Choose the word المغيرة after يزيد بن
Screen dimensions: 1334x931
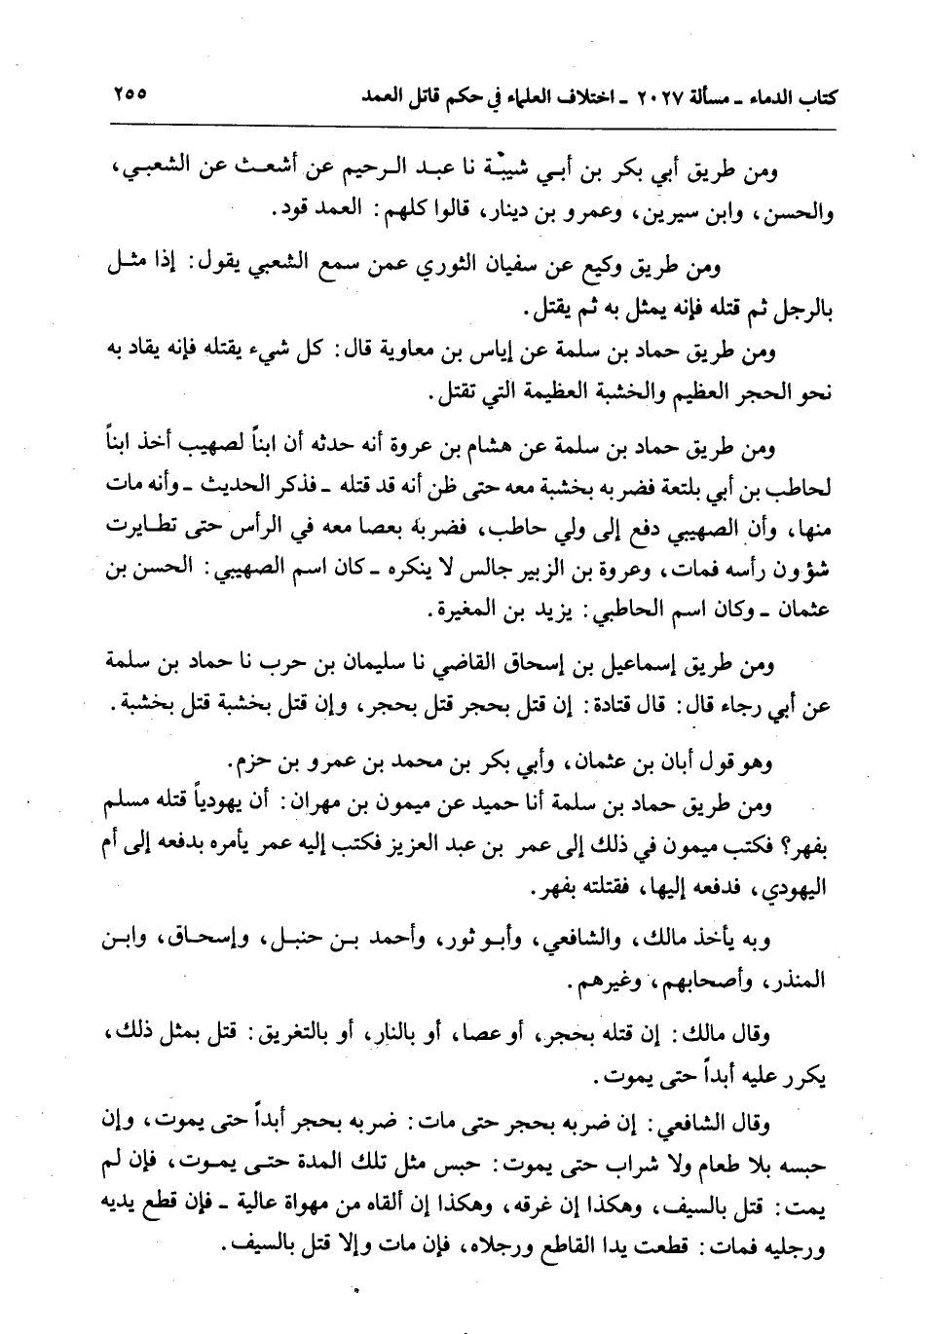[x=455, y=613]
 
